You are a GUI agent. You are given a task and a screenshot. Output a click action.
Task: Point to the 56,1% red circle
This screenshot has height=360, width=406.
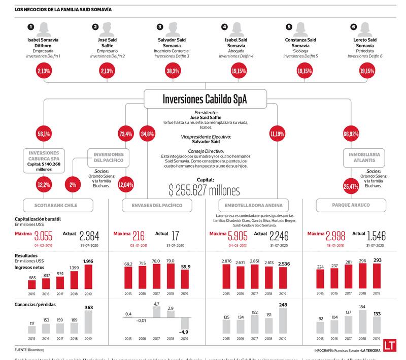click(x=44, y=134)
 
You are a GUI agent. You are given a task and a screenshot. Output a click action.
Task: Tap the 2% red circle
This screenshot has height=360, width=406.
click(x=73, y=185)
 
